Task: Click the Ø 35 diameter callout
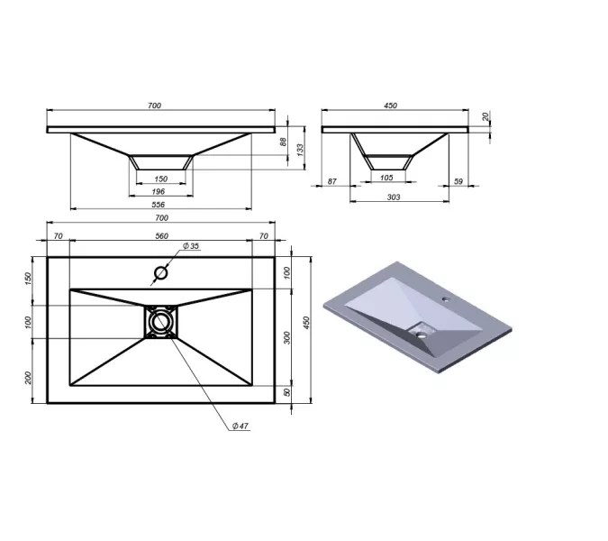point(191,246)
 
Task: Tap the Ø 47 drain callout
point(240,426)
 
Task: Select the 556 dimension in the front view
point(158,205)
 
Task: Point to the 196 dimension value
point(159,191)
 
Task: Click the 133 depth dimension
point(300,150)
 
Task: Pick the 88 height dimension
point(284,142)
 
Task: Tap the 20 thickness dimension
point(485,116)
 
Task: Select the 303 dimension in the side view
point(394,197)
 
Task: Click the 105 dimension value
point(386,178)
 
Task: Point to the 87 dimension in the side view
point(331,181)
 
